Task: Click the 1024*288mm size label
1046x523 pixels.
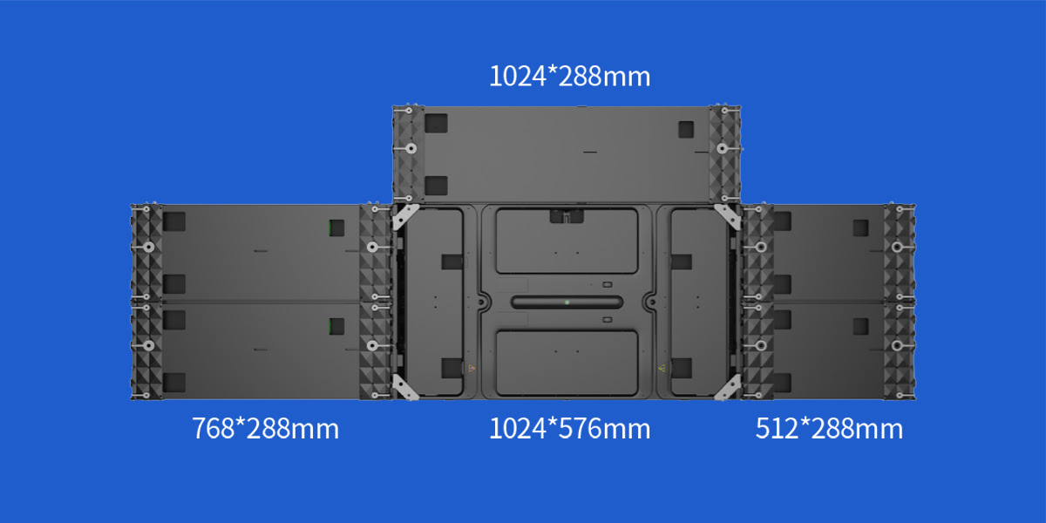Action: click(x=569, y=77)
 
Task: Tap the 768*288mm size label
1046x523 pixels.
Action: click(x=265, y=429)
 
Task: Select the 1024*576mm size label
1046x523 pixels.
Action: click(x=569, y=429)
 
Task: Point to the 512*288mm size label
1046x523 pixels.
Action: click(x=829, y=429)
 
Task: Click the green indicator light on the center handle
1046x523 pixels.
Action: click(x=567, y=302)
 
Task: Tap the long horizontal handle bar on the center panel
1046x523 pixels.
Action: click(x=567, y=302)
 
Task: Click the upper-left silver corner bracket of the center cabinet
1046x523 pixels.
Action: click(x=405, y=217)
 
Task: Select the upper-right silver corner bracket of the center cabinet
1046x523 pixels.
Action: click(x=728, y=217)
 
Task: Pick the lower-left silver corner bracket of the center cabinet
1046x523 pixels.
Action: click(x=405, y=388)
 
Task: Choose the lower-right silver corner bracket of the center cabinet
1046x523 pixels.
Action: click(x=728, y=388)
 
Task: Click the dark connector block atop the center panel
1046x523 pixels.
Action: click(x=567, y=215)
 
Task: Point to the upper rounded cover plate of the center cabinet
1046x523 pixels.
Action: click(x=567, y=241)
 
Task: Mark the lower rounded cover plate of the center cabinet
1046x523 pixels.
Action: click(x=567, y=359)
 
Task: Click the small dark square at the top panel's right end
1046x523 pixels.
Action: click(x=687, y=128)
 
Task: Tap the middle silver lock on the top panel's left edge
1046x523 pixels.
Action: click(x=407, y=149)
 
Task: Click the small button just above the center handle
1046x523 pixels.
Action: click(x=607, y=285)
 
